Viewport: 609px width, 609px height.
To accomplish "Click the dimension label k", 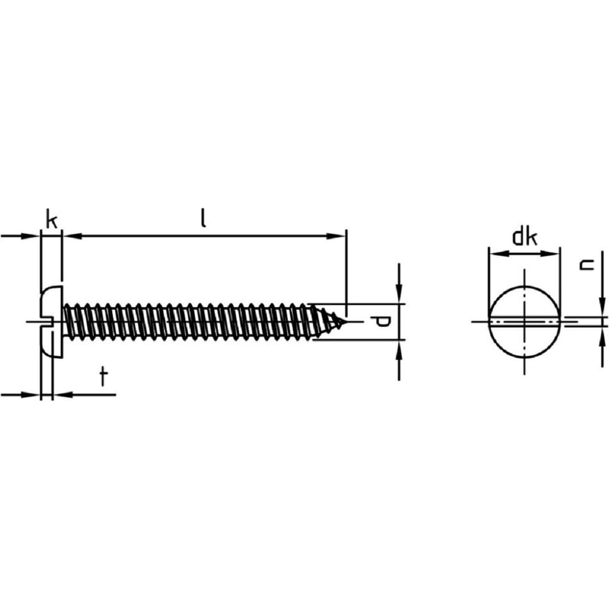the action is click(x=52, y=219).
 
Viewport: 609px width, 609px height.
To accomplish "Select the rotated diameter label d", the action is click(x=380, y=322).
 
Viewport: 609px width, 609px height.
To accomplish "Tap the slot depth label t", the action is click(x=103, y=377).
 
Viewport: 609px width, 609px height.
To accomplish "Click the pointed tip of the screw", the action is click(x=343, y=322).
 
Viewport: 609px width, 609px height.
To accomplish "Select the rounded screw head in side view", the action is click(x=51, y=321).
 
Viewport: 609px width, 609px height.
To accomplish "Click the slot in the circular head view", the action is click(x=524, y=322).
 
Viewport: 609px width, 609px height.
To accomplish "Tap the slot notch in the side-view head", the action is click(x=46, y=321).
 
